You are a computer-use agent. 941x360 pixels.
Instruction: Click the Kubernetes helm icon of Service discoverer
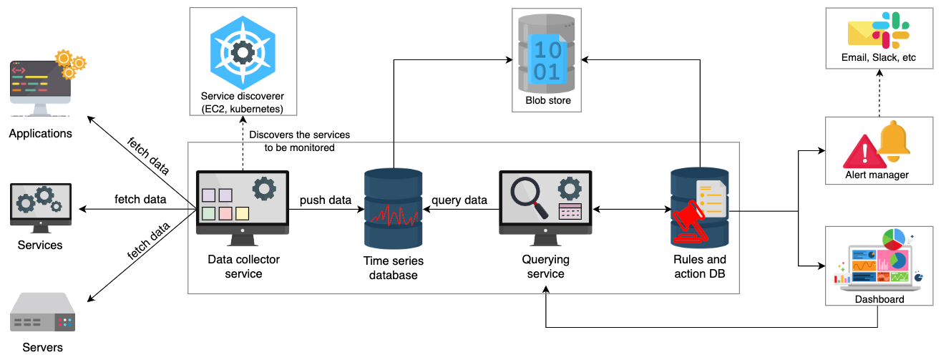click(x=243, y=52)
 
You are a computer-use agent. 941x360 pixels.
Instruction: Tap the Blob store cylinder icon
click(x=547, y=54)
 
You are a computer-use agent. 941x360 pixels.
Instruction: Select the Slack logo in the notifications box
click(x=891, y=30)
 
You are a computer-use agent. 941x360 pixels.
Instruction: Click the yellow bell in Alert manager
click(x=894, y=141)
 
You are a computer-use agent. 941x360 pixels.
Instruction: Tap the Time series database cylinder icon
click(x=393, y=209)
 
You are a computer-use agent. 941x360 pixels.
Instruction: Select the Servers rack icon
click(x=42, y=312)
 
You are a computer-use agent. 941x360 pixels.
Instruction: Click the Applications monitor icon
click(x=47, y=83)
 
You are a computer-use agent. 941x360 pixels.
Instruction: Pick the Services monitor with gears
click(x=41, y=208)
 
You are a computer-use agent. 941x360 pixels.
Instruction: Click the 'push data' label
click(x=326, y=200)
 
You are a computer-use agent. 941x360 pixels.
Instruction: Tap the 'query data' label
click(x=459, y=200)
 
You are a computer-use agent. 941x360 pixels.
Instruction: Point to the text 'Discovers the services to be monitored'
click(x=300, y=141)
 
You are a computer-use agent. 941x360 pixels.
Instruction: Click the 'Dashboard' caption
click(x=879, y=299)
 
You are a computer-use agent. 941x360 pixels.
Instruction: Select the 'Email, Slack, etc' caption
click(x=879, y=57)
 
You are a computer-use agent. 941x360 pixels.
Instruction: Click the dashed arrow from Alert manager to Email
click(x=879, y=93)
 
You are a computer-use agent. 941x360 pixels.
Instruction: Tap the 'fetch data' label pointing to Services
click(x=140, y=199)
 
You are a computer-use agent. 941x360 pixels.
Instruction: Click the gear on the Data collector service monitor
click(x=264, y=189)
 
